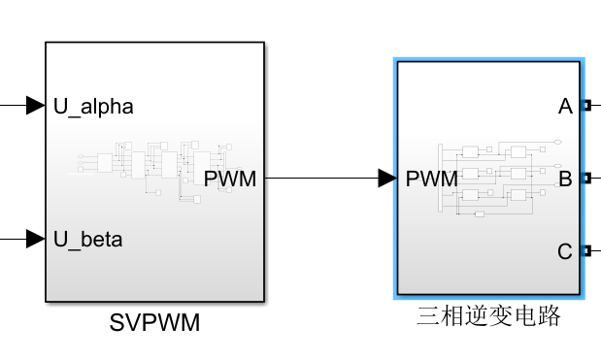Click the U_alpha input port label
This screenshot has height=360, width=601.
pos(93,106)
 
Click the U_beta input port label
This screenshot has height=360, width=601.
pos(88,238)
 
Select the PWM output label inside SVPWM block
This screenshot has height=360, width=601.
pos(230,178)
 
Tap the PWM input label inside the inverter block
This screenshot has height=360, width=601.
pos(431,178)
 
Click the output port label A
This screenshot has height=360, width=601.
pos(565,106)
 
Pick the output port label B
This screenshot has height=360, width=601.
pos(565,178)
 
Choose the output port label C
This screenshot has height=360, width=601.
pos(565,251)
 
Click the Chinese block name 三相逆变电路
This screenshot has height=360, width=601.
pos(488,316)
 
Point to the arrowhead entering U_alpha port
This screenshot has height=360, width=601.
pos(36,105)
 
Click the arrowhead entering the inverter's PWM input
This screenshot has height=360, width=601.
pos(386,178)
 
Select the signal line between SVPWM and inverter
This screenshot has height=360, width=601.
pos(320,178)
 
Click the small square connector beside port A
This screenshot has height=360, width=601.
pos(585,105)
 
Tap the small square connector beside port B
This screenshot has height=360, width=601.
pos(585,178)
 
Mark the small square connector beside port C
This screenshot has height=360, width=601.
pos(585,251)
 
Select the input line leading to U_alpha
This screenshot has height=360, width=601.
pos(12,105)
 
